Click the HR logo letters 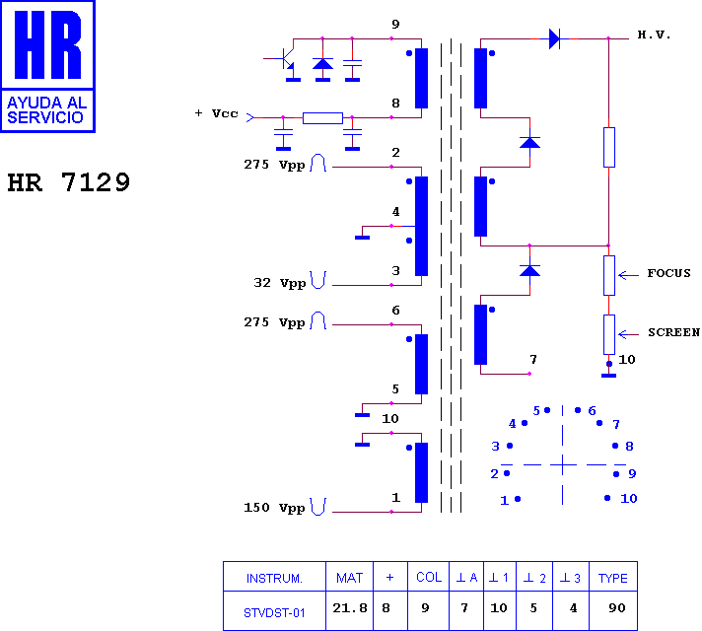point(48,44)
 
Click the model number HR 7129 point(68,182)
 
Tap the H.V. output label point(654,35)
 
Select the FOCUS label point(668,273)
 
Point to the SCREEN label point(673,332)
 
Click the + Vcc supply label point(216,113)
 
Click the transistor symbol point(282,59)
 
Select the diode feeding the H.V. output point(554,39)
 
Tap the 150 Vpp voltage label point(274,508)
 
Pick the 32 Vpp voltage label point(279,283)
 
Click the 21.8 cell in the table point(350,607)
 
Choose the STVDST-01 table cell point(274,612)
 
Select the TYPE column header point(613,578)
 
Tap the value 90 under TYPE point(617,607)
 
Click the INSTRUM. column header point(274,578)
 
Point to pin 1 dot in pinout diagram point(518,499)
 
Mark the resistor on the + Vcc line point(322,118)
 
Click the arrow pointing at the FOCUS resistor point(629,275)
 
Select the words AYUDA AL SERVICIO point(46,110)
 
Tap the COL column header point(429,577)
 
